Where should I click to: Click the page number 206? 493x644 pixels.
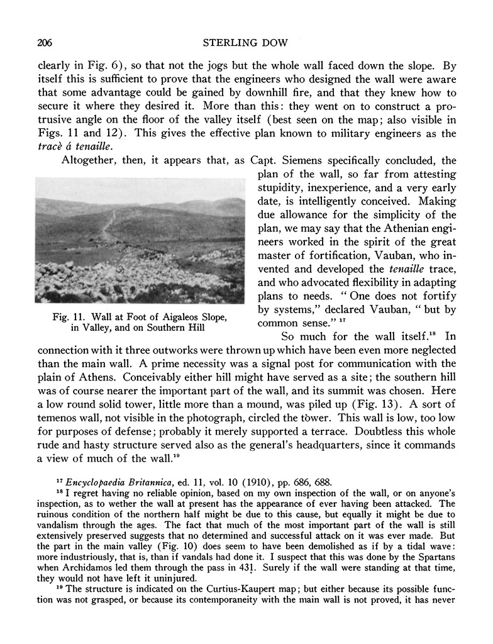tap(45, 43)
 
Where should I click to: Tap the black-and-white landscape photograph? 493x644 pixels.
tap(140, 240)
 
